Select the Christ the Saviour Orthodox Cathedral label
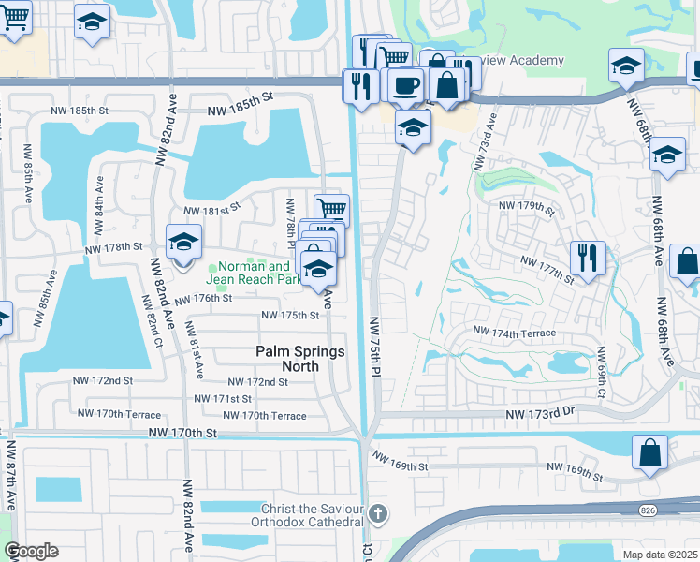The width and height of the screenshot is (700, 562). tap(307, 514)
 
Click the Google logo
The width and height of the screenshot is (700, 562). tap(31, 551)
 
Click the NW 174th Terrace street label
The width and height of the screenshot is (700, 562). tap(514, 333)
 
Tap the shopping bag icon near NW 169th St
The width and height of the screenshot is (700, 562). tap(649, 452)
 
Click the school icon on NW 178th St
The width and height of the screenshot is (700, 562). tap(184, 242)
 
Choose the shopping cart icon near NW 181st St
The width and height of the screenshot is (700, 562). tap(331, 208)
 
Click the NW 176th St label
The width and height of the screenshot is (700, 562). tap(201, 298)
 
